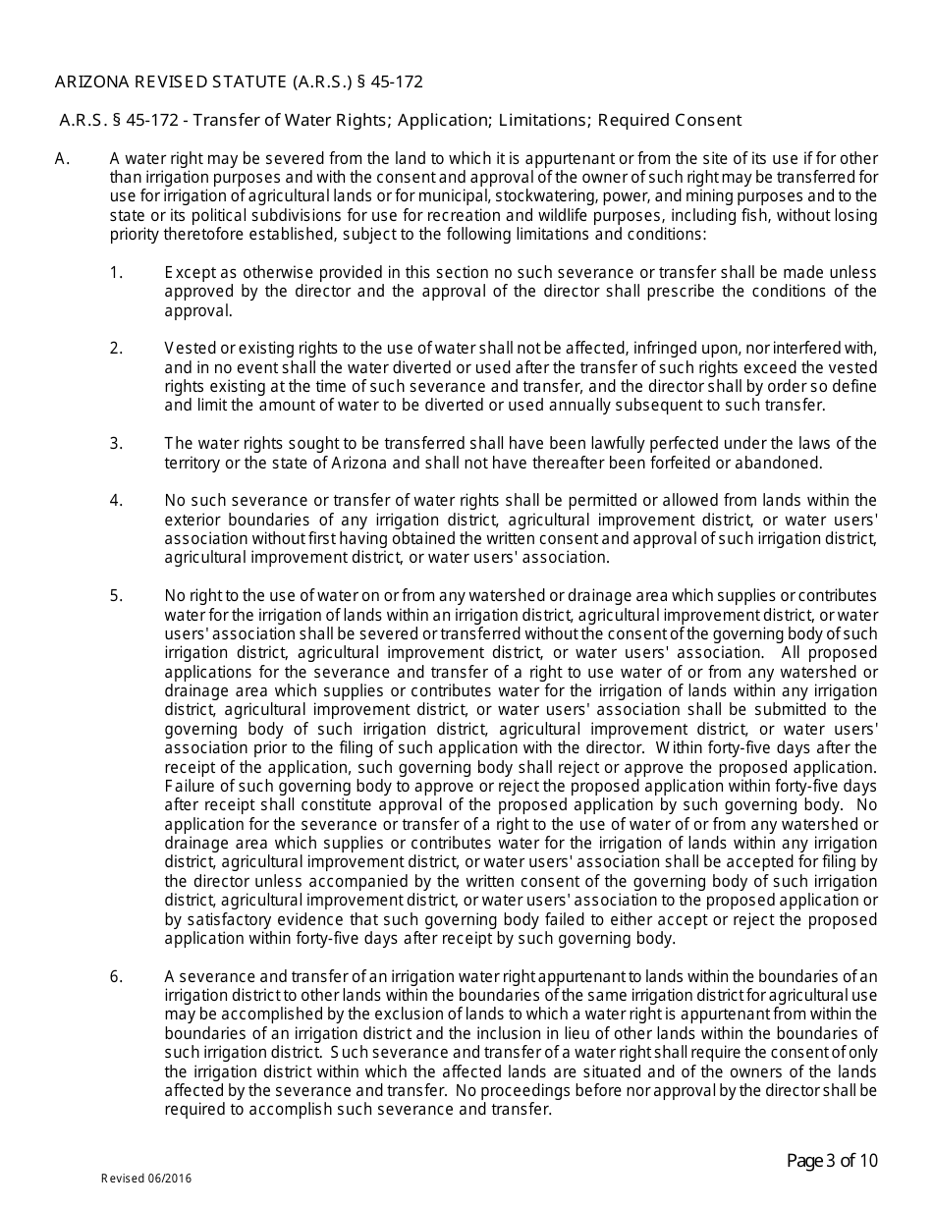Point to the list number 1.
coord(116,272)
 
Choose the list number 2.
coord(116,349)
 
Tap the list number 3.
coord(116,444)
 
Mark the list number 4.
coord(116,501)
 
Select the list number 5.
coord(116,596)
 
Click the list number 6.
coord(116,976)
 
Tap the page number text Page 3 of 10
coord(832,1162)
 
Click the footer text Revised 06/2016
coord(146,1179)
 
